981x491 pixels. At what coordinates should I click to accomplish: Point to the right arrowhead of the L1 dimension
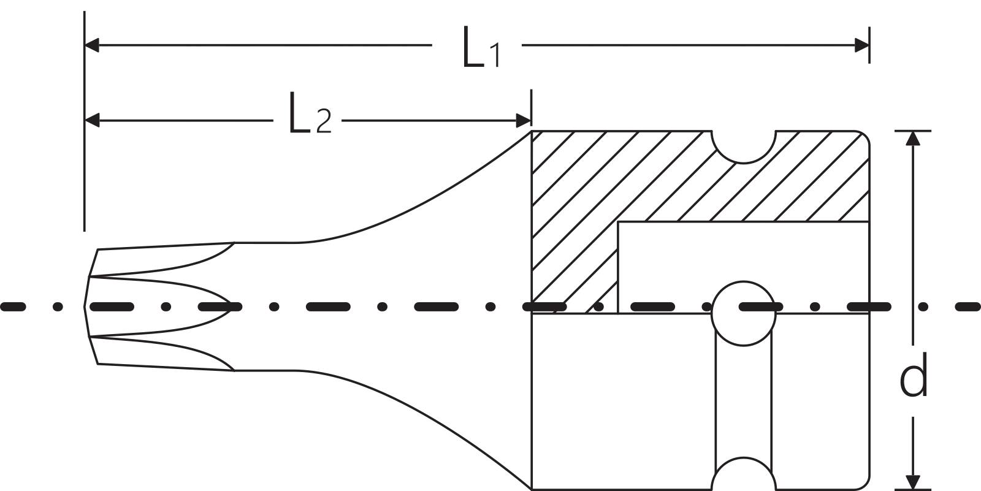click(862, 45)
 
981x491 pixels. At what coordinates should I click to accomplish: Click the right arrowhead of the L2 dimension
click(524, 120)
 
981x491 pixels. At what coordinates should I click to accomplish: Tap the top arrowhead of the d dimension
click(914, 139)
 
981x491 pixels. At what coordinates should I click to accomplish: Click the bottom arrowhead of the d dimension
click(914, 483)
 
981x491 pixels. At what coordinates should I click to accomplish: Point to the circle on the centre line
click(743, 313)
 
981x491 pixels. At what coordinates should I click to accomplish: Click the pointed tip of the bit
click(85, 306)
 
